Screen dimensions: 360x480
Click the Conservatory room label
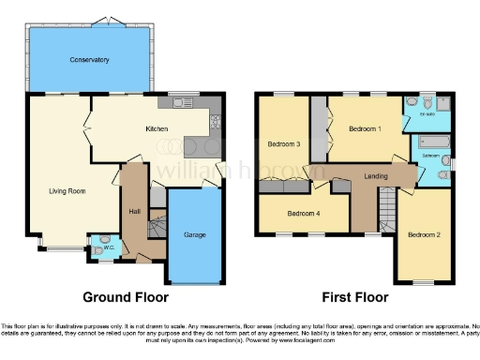point(90,60)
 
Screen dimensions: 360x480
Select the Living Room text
point(67,190)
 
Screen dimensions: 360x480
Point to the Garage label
point(194,234)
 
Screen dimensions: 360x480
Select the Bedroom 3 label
point(284,144)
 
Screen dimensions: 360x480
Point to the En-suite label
point(427,115)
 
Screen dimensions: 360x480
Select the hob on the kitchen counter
point(215,121)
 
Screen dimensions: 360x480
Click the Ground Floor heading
point(126,297)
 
